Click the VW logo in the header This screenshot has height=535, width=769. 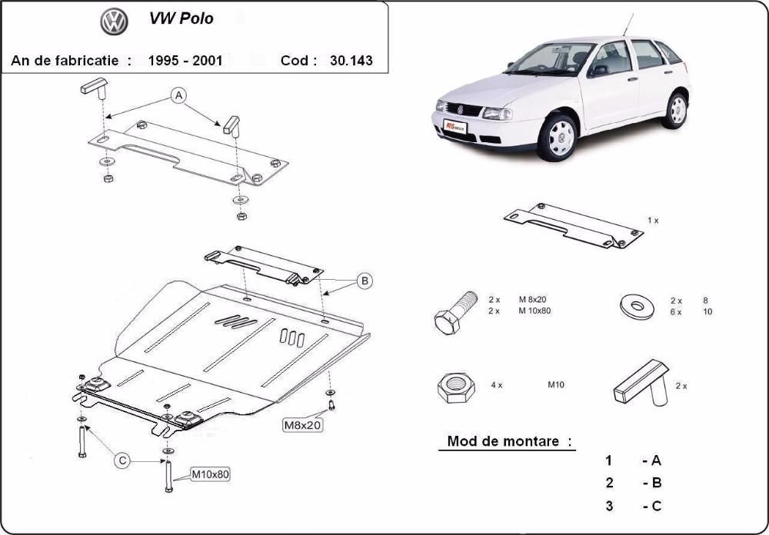(113, 22)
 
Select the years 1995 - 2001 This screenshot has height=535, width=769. (185, 61)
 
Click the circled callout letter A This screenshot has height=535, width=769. (178, 96)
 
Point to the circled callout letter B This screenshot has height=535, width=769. (365, 281)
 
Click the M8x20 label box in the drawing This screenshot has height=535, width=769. (302, 424)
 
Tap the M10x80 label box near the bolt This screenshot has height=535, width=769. (209, 474)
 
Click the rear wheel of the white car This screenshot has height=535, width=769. (677, 110)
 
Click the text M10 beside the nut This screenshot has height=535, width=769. (555, 384)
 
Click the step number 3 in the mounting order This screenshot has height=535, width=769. (609, 505)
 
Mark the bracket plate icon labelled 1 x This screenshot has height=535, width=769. (573, 226)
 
